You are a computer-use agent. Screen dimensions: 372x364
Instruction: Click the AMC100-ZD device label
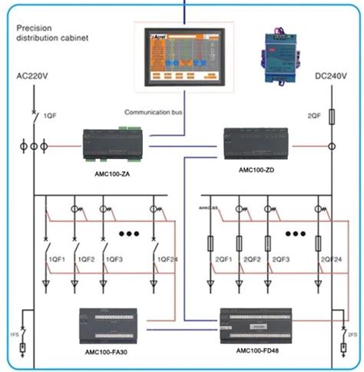[255, 170]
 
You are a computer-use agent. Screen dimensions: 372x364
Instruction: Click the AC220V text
[34, 77]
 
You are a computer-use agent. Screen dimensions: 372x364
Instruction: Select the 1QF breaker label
[48, 117]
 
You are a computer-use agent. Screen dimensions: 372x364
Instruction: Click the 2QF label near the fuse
[314, 116]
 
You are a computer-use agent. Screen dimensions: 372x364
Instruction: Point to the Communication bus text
[153, 113]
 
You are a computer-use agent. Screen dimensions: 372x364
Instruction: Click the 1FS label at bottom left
[14, 335]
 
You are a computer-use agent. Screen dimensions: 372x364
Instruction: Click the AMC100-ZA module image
[114, 144]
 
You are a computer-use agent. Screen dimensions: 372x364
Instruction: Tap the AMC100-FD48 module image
[258, 324]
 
